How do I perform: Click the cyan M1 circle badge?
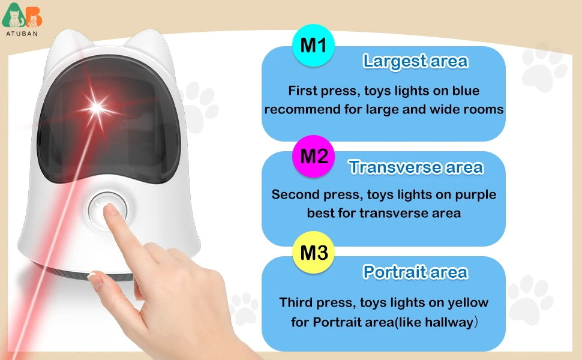point(313,45)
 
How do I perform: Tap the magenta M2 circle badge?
point(313,157)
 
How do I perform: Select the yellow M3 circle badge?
point(313,253)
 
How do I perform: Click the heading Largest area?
point(415,61)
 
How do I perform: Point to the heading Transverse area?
point(416,167)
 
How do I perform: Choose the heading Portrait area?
point(415,272)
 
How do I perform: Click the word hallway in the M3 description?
point(447,322)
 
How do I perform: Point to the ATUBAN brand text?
point(22,34)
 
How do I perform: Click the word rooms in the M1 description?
point(483,110)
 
